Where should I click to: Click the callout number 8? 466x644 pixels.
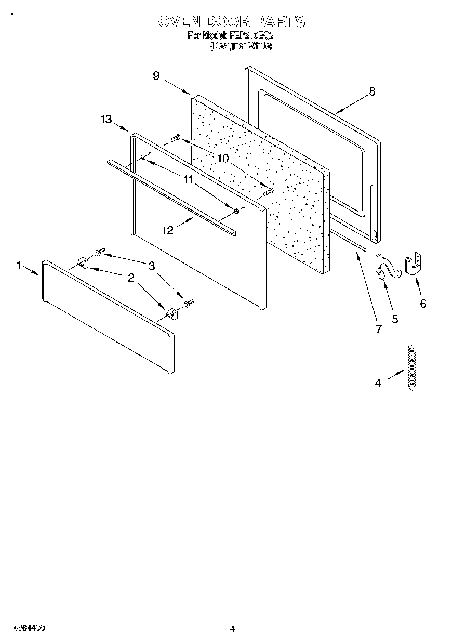pos(372,91)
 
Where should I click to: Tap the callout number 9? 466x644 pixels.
pos(156,76)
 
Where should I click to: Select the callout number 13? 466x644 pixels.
pos(106,120)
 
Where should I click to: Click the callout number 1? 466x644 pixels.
pos(19,265)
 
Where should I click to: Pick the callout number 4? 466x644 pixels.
pos(378,384)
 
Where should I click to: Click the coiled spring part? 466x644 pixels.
pos(412,366)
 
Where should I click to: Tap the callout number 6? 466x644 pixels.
pos(423,304)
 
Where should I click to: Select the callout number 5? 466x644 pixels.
pos(395,319)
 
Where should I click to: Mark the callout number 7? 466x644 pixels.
pos(378,329)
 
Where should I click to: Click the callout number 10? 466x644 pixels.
pos(222,159)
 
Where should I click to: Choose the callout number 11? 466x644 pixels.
pos(188,180)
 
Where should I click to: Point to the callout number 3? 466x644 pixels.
pos(151,266)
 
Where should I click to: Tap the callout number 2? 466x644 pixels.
pos(131,278)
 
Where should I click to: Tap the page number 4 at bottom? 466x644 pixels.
pos(233,628)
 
